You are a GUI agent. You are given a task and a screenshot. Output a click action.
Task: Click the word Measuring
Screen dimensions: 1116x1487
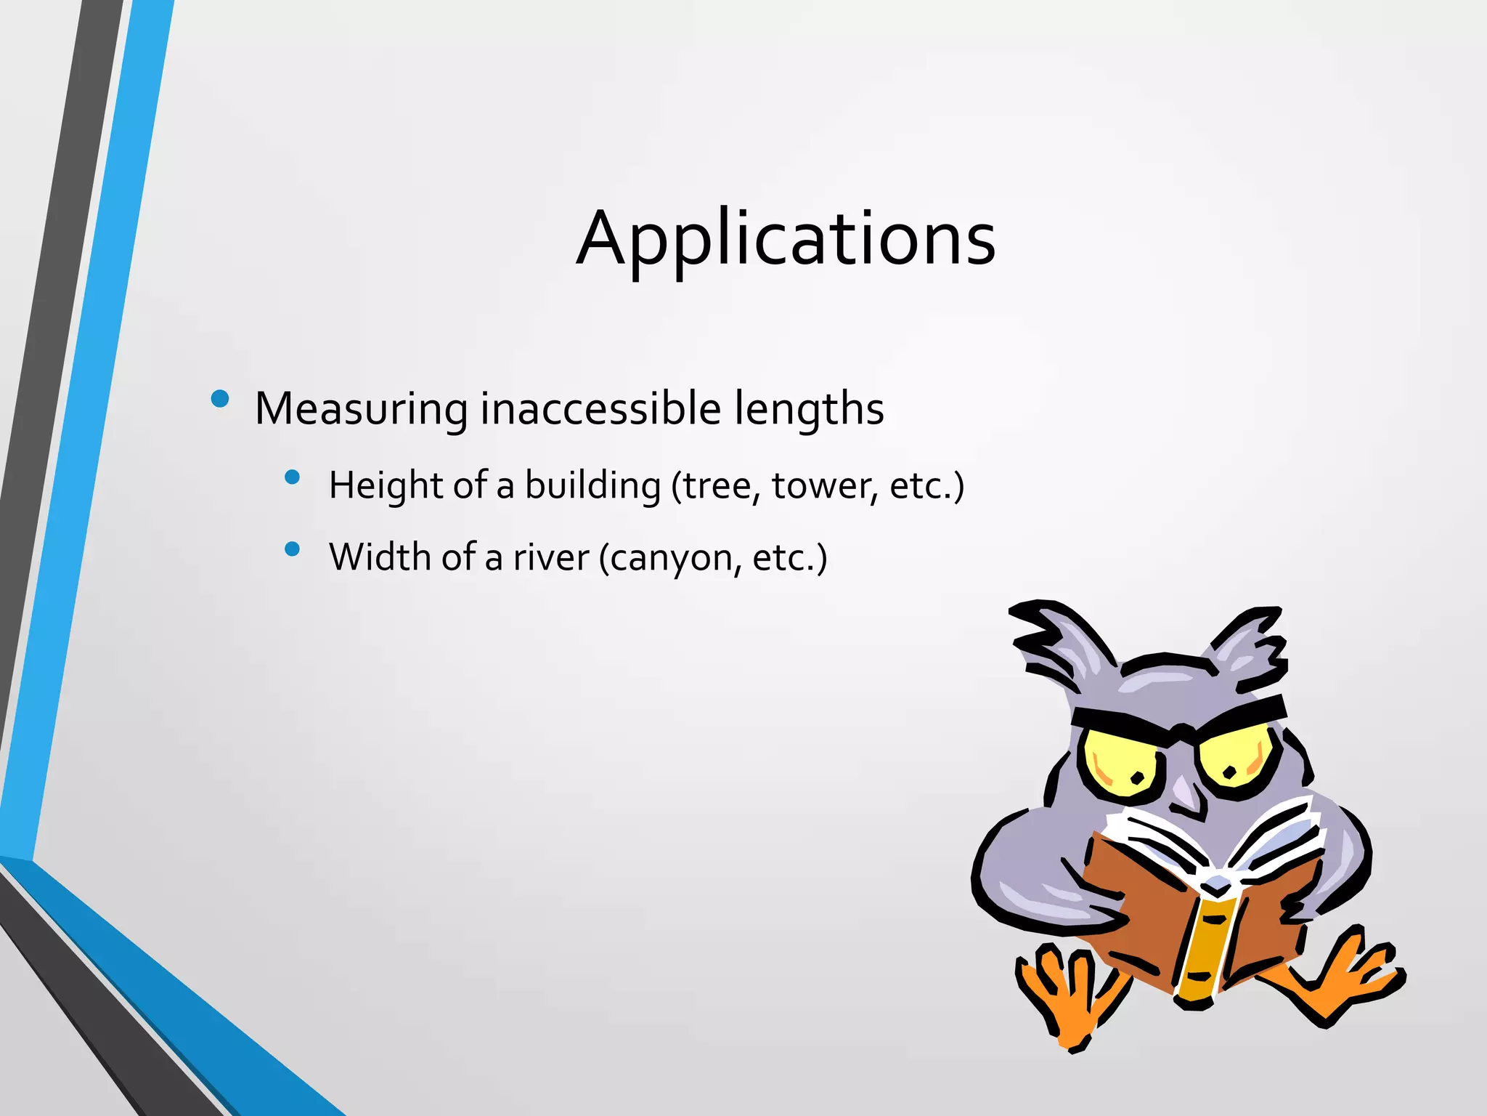(361, 408)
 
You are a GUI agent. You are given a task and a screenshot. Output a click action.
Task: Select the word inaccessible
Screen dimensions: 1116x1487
(600, 408)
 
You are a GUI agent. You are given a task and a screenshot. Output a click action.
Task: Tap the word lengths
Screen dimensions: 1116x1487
(809, 410)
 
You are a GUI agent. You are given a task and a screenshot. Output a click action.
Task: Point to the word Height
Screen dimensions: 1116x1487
(386, 485)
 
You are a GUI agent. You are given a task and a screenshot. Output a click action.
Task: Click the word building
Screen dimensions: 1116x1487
(592, 485)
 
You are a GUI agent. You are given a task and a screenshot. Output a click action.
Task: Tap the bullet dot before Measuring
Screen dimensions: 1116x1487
(219, 398)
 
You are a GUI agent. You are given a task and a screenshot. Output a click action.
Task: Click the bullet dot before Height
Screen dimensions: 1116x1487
(293, 477)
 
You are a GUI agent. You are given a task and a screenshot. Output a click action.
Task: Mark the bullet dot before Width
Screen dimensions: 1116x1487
(293, 549)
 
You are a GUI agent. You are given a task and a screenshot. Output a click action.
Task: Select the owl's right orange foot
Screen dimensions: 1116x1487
(1350, 977)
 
